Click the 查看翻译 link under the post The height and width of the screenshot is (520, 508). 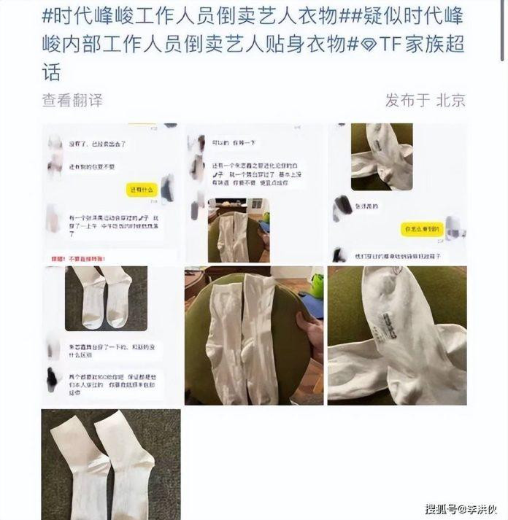[72, 100]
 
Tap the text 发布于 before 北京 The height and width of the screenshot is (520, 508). [408, 100]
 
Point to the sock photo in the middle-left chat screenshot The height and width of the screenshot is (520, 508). [106, 297]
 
